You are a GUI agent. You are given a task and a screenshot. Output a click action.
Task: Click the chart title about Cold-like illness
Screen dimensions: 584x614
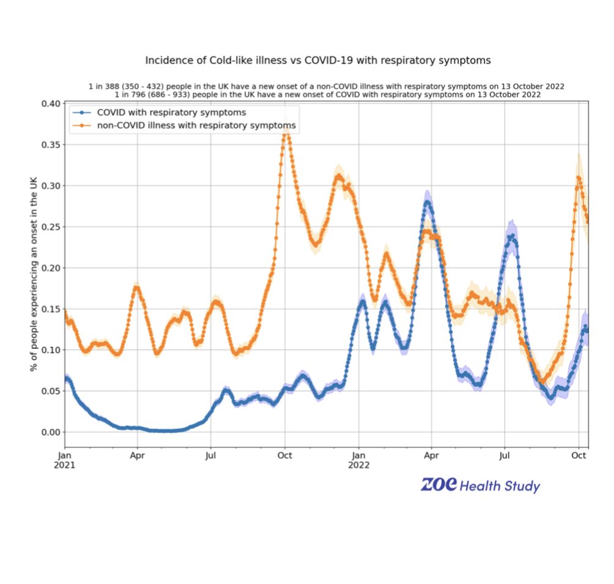click(x=317, y=60)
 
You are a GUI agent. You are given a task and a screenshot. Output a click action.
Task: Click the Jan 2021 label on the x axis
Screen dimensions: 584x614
click(x=65, y=459)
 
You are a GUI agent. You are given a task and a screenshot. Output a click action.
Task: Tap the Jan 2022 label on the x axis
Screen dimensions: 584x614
click(x=359, y=459)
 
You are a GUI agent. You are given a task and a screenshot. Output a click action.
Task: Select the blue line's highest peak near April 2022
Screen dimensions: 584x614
click(x=427, y=202)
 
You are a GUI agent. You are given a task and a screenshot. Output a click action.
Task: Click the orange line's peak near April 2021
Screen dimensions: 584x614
click(x=136, y=287)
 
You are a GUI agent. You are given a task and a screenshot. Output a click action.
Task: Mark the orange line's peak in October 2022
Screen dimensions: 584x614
click(x=579, y=177)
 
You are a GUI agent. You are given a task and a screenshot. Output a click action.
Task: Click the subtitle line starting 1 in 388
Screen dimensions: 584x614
click(x=326, y=87)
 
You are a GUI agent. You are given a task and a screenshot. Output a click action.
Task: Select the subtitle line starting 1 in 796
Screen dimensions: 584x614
click(x=326, y=95)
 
